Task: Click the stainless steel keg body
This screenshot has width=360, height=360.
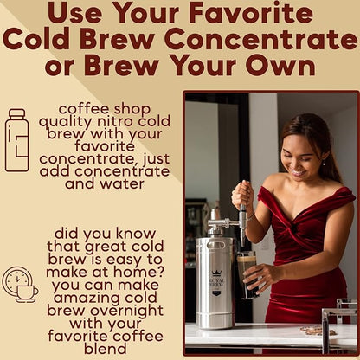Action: pos(215,286)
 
